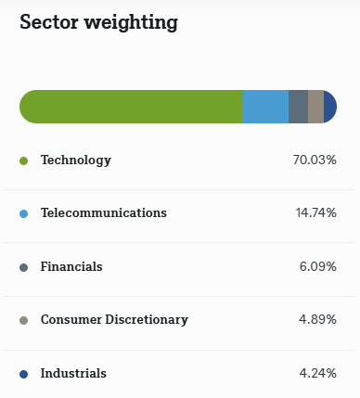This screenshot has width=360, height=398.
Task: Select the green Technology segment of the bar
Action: coord(130,107)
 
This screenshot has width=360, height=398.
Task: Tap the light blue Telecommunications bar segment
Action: coord(265,107)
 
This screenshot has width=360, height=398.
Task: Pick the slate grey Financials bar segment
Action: coord(298,107)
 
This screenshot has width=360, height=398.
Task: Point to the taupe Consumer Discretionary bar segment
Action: coord(315,107)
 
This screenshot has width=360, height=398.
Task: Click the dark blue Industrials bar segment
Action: coord(330,107)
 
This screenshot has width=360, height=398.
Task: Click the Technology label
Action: coord(75,160)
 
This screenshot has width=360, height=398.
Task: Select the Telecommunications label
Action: coord(104,213)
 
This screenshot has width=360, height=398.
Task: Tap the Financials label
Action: coord(71,267)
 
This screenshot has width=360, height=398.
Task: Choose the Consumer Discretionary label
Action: coord(114,320)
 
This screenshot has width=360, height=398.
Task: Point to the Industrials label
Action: coord(73,374)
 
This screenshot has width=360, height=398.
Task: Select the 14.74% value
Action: coord(315,213)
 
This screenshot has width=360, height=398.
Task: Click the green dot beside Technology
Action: coord(24,160)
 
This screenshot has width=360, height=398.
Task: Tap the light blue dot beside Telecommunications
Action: coord(24,213)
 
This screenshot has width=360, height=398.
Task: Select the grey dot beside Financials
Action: coord(24,267)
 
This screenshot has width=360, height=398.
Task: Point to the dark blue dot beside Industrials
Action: coord(24,374)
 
